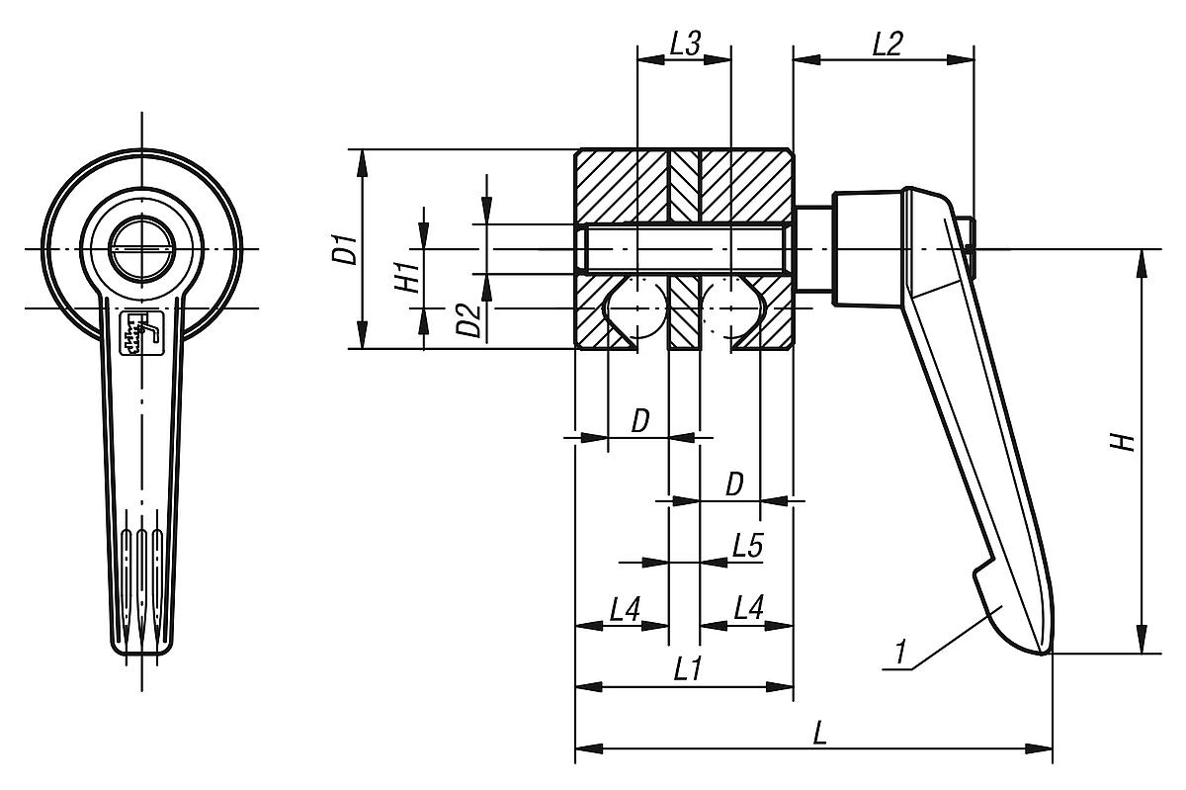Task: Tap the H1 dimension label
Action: point(406,278)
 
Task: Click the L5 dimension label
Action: point(748,546)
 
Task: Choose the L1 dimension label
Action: point(687,669)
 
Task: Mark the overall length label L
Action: point(819,733)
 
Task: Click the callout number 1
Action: point(899,654)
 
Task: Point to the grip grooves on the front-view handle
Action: point(141,583)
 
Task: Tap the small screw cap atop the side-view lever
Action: point(971,235)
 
